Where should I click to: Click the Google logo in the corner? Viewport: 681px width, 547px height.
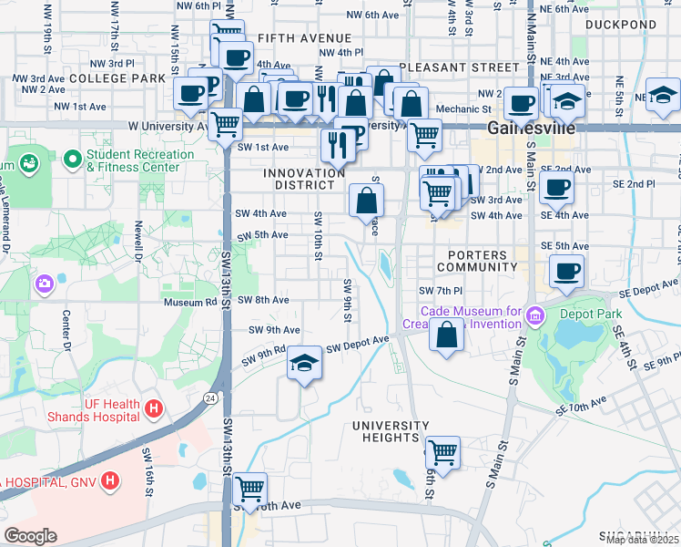pos(30,535)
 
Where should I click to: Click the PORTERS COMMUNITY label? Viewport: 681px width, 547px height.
pos(476,261)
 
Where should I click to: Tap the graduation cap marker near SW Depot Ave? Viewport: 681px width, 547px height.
pos(304,364)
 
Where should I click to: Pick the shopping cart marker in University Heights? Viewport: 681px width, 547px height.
pos(442,451)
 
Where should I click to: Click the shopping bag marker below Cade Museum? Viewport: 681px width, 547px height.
pos(446,335)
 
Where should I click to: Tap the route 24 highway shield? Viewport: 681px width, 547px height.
pos(210,397)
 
